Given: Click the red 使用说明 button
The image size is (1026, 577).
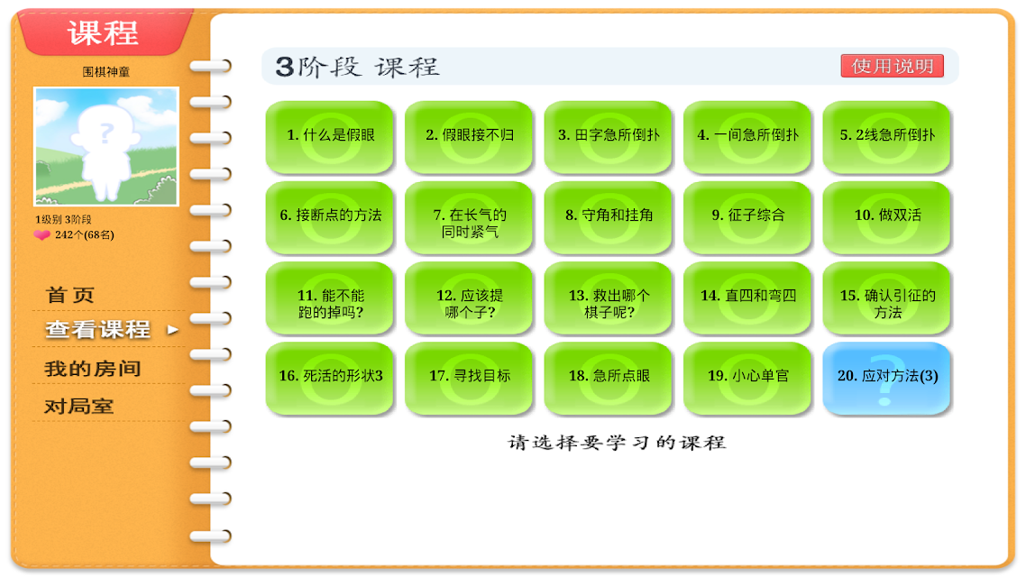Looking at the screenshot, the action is (x=892, y=66).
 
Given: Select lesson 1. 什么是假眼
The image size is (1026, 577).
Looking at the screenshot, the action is (x=330, y=137).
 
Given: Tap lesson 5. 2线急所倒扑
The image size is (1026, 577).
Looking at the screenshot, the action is (x=886, y=137).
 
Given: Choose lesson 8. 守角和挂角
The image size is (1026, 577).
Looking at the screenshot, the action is (x=609, y=217).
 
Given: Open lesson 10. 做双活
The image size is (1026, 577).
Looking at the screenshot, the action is (x=886, y=217).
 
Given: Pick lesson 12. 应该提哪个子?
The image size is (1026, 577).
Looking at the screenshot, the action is (x=469, y=298).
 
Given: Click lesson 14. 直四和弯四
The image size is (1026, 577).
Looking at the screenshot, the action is (x=747, y=298).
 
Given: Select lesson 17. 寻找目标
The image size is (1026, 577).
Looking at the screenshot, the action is (x=469, y=378).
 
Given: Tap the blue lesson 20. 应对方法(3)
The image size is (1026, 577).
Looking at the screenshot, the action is (x=886, y=378).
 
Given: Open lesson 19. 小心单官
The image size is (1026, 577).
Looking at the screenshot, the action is (x=747, y=378).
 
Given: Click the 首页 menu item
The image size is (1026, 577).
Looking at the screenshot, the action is (x=70, y=295).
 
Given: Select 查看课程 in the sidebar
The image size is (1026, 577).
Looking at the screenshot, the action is (x=97, y=329).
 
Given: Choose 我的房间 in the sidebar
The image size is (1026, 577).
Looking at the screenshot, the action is (x=92, y=369).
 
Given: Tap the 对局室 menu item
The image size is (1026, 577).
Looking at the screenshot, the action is (x=78, y=407).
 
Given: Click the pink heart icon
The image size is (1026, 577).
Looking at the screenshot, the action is (x=41, y=234).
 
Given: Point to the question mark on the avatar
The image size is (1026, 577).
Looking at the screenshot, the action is (x=106, y=134).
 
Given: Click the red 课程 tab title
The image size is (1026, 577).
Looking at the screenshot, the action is (x=103, y=32).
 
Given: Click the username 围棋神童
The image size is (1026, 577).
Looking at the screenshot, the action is (x=106, y=72).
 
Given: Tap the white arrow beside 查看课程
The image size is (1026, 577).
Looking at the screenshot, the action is (x=173, y=330).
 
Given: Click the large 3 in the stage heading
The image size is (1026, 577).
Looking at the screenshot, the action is (x=285, y=67).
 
